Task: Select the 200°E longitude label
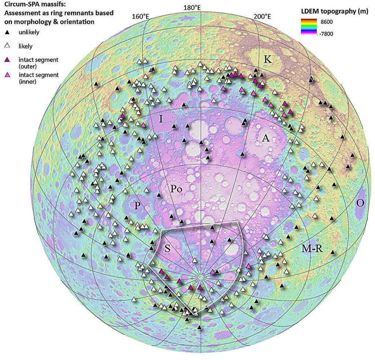pyautogui.click(x=262, y=16)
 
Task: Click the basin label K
pyautogui.click(x=268, y=59)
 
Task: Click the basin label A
pyautogui.click(x=266, y=138)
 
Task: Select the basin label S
pyautogui.click(x=167, y=248)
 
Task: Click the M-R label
pyautogui.click(x=312, y=249)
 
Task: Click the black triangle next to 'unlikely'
pyautogui.click(x=7, y=33)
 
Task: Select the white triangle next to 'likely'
pyautogui.click(x=7, y=46)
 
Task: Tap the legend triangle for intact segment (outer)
pyautogui.click(x=7, y=59)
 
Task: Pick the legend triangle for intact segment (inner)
pyautogui.click(x=7, y=75)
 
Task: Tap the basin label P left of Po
pyautogui.click(x=137, y=205)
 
